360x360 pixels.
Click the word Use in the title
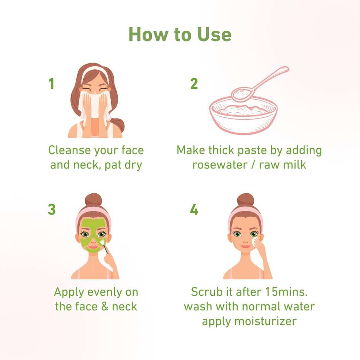click(x=214, y=34)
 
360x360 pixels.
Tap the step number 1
click(x=51, y=84)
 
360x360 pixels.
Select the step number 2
click(x=194, y=84)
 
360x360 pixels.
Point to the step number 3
click(x=51, y=209)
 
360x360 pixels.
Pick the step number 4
click(x=194, y=209)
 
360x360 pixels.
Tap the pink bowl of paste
click(x=243, y=116)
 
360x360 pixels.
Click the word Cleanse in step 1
click(x=69, y=150)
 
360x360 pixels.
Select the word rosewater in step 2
click(x=220, y=165)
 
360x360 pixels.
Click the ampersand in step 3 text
click(x=105, y=307)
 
